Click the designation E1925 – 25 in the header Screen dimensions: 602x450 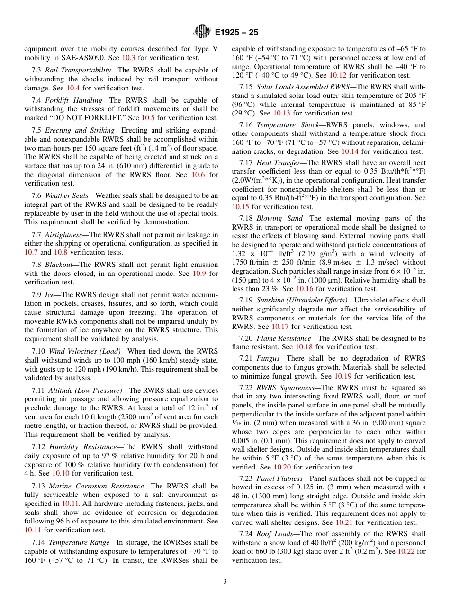[x=236, y=33]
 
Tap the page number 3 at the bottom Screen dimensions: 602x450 [x=225, y=581]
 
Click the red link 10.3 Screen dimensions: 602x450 [x=128, y=58]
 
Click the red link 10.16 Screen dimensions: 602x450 [x=305, y=288]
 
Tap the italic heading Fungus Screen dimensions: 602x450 [x=268, y=358]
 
